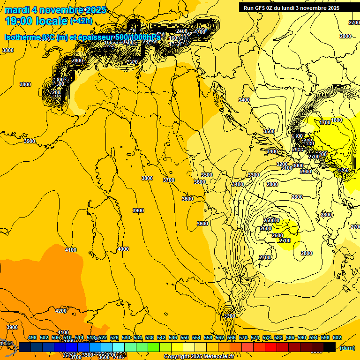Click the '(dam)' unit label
[x=346, y=348]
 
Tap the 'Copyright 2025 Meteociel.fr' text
[x=199, y=357]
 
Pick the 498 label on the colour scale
[x=32, y=337]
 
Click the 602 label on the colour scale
[x=337, y=337]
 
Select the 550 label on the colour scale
[x=185, y=337]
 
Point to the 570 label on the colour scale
[x=243, y=337]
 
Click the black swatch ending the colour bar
[x=330, y=347]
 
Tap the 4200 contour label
[x=61, y=311]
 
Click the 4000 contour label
[x=123, y=249]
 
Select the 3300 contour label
[x=253, y=175]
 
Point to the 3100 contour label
[x=286, y=168]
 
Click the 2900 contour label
[x=306, y=172]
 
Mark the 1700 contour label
[x=325, y=122]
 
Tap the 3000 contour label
[x=298, y=165]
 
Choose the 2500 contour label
[x=270, y=220]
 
